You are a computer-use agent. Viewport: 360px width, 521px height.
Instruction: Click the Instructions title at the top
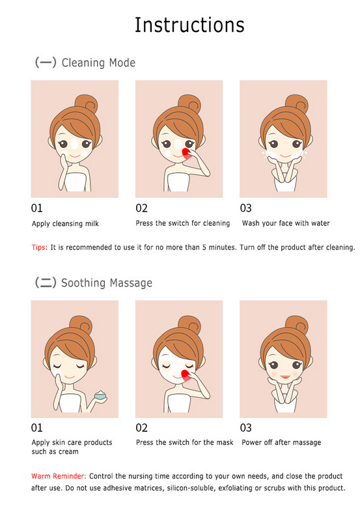coord(189,25)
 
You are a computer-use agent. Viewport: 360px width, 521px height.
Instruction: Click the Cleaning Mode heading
coord(98,63)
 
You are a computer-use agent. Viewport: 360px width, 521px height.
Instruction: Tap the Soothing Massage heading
coord(107,283)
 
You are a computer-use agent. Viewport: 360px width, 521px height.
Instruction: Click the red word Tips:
coord(40,247)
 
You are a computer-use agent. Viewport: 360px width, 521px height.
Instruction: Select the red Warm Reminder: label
coord(59,476)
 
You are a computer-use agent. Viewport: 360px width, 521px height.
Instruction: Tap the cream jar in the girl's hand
coord(100,395)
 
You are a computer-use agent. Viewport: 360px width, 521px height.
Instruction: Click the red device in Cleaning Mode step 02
coord(186,154)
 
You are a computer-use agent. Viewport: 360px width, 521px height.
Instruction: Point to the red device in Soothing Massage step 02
coord(186,375)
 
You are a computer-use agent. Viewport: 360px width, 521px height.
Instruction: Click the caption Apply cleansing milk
coord(65,223)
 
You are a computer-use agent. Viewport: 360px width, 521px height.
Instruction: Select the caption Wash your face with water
coord(286,223)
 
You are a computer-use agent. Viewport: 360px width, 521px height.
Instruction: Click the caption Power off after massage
coord(281,442)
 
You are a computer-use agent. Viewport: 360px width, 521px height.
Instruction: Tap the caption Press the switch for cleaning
coord(183,223)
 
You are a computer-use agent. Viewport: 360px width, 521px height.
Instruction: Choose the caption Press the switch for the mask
coord(185,442)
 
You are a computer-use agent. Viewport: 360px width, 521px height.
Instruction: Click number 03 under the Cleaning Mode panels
coord(246,208)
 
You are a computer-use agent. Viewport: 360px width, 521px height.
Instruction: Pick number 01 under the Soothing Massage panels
coord(36,428)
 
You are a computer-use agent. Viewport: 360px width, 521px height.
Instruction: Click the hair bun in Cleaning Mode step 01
coord(86,104)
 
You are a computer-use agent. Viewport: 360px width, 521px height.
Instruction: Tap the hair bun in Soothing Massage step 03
coord(297,324)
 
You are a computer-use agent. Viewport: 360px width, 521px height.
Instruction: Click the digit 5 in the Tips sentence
coord(204,247)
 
